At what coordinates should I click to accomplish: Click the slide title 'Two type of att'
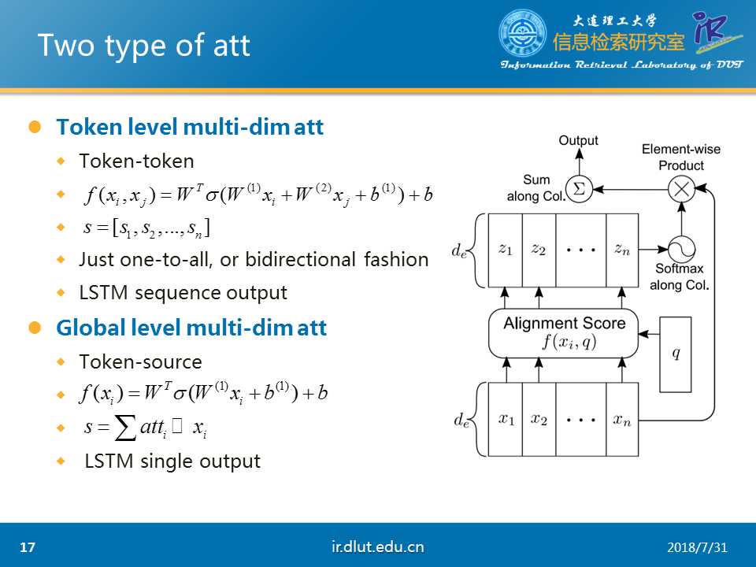(143, 46)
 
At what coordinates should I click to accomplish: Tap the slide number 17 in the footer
(28, 547)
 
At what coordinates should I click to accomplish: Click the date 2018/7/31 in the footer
(697, 548)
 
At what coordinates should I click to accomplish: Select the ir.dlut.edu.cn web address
(377, 547)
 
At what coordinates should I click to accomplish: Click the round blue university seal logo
(522, 33)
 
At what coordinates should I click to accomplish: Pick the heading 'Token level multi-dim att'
(190, 128)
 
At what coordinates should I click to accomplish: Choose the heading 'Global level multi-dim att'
(191, 328)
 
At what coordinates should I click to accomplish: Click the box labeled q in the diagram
(676, 354)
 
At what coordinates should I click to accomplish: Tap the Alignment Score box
(563, 333)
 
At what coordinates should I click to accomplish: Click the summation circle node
(579, 189)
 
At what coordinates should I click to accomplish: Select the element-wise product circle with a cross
(681, 189)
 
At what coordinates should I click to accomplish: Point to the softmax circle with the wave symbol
(681, 250)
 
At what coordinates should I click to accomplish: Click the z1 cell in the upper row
(506, 250)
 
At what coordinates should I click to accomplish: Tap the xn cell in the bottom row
(622, 420)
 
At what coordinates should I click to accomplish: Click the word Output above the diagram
(578, 140)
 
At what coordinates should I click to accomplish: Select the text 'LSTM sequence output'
(183, 293)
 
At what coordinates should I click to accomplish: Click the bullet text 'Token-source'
(141, 362)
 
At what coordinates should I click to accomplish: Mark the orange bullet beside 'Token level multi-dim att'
(35, 127)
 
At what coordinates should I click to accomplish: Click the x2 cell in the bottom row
(539, 420)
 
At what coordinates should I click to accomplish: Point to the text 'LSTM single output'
(172, 461)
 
